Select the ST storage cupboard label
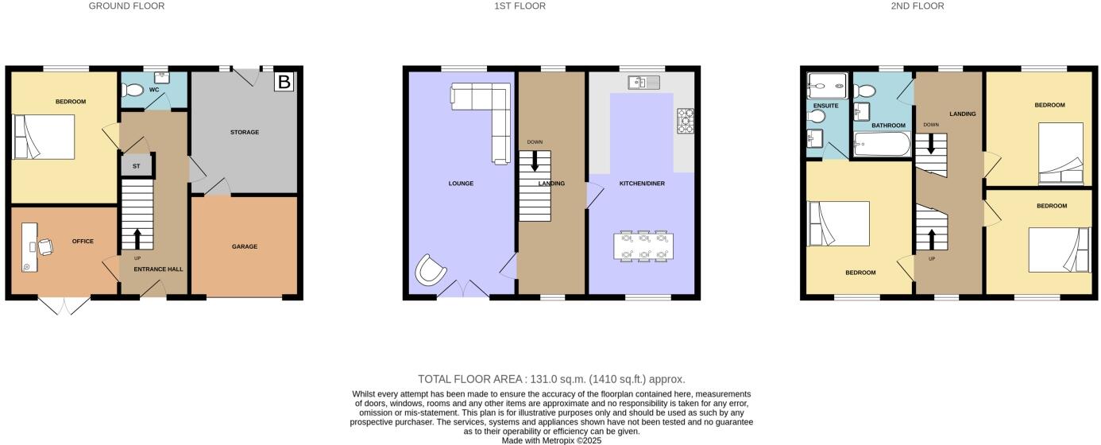[x=136, y=166]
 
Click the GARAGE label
[x=244, y=246]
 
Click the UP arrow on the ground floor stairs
[x=137, y=238]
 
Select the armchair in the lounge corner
[x=430, y=269]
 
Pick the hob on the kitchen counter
[x=685, y=121]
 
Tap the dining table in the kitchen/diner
[x=645, y=246]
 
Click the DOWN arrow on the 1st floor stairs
[x=535, y=161]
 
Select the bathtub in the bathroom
[x=880, y=144]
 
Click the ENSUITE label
[x=825, y=106]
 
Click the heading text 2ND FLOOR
[x=917, y=6]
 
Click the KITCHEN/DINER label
[x=642, y=184]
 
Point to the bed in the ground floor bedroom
[x=43, y=137]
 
